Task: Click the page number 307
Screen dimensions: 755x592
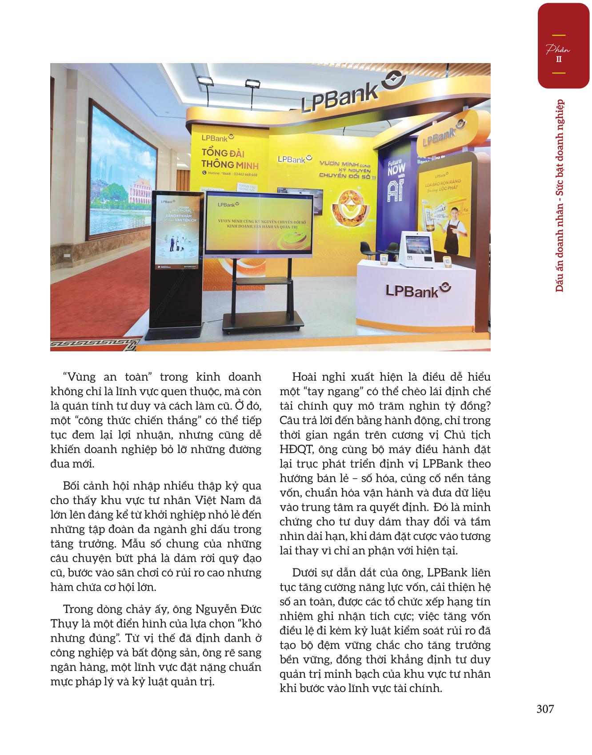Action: click(545, 709)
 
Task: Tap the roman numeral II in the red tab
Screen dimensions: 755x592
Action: click(559, 59)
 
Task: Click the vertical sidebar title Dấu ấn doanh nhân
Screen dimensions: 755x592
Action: click(560, 195)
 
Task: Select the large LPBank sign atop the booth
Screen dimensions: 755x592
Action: click(340, 96)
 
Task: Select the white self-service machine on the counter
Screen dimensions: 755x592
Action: click(418, 249)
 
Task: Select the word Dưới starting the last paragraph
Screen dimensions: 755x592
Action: click(306, 572)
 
